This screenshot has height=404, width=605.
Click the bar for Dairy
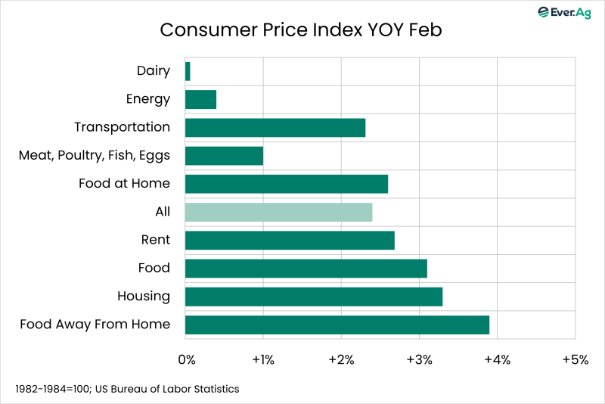coord(188,71)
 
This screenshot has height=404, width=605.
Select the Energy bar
coord(200,99)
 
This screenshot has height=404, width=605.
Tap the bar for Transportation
coord(275,127)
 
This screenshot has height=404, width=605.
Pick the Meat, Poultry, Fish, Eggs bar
coord(224,156)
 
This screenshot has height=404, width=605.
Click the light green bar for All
coord(278,212)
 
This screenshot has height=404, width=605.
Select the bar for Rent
coord(290,240)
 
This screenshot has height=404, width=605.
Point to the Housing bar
coord(314,297)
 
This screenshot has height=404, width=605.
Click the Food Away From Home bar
coord(337,325)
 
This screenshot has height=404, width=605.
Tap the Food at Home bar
coord(287,184)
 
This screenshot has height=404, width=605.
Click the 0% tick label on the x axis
coord(186,359)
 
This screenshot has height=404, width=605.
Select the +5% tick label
coord(575,359)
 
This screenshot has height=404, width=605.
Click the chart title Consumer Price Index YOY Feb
coord(301,30)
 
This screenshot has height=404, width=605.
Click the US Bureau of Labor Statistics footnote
coord(126,389)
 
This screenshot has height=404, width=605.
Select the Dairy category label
coord(154,71)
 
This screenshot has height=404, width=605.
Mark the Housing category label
coord(144,297)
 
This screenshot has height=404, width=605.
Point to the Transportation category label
coord(122,127)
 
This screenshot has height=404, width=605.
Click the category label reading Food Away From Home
coord(95,325)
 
